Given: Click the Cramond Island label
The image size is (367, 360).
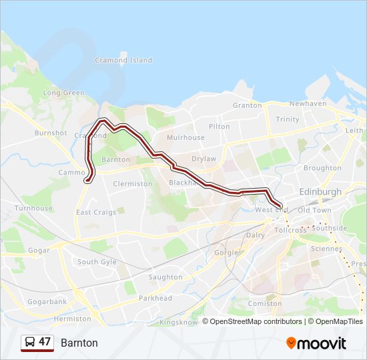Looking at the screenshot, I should point(123,60).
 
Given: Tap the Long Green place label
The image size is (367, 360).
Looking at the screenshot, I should point(64,93).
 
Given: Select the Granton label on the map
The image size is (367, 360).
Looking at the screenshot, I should point(247,105).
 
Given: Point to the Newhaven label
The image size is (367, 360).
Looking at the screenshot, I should point(308,104).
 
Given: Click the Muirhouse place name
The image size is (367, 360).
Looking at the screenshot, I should point(186,137).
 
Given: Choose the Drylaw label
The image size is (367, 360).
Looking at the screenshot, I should point(204,159).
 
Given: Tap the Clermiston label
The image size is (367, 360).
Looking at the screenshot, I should point(133,183).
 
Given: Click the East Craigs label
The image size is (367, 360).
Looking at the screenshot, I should point(96,213).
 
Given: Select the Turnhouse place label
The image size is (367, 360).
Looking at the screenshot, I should point(33,208).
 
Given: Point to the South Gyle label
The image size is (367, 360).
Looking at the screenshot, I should point(97,262).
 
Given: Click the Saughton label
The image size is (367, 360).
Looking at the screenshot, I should point(165,277).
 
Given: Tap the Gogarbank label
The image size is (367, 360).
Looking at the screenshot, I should point(47,301).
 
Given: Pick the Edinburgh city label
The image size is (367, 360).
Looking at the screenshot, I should point(320,191).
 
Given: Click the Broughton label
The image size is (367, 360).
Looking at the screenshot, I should point(322,168).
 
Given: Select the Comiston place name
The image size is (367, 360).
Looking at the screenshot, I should point(265,303).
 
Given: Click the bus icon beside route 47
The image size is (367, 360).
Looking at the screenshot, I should point(30,342).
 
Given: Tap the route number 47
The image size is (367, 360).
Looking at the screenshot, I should point(45,342).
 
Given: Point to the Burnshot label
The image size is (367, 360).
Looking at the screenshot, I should point(51,133).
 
